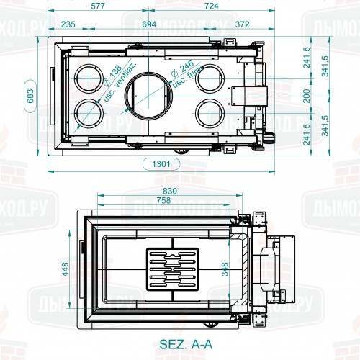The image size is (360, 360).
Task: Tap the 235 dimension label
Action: coord(68,24)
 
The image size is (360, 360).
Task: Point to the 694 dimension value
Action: coord(149,24)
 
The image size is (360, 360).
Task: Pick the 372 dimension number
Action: coord(242,24)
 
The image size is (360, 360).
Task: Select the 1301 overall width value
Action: coord(162,163)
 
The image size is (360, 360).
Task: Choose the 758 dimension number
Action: coord(165,201)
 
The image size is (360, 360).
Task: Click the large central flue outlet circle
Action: coord(150,94)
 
